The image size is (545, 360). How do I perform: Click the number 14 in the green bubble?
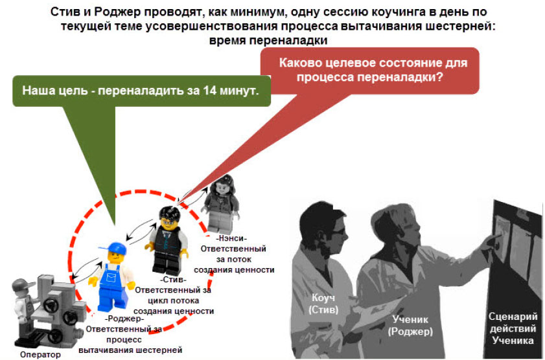click(x=210, y=90)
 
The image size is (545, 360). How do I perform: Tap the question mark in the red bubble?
click(x=439, y=76)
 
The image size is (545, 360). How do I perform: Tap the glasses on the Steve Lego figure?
click(x=169, y=222)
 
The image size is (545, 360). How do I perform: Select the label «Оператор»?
click(x=40, y=354)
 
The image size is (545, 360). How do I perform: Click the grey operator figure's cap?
click(x=23, y=285)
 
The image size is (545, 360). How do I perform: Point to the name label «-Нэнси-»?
click(x=231, y=238)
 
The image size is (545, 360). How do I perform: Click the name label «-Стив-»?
click(x=173, y=280)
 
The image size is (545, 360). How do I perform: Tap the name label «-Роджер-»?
click(x=124, y=319)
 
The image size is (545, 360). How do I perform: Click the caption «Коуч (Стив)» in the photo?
click(x=323, y=303)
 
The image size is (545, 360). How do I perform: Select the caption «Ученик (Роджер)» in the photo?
click(x=410, y=325)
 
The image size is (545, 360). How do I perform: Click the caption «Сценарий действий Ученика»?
click(x=513, y=328)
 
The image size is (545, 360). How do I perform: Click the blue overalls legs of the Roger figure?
click(x=112, y=297)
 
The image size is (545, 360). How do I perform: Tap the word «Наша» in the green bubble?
click(x=37, y=90)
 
